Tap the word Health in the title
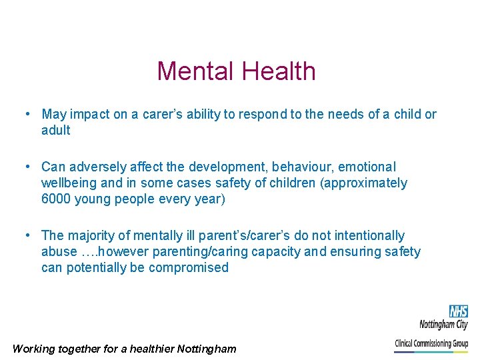pyautogui.click(x=279, y=71)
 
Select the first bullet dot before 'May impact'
pyautogui.click(x=27, y=114)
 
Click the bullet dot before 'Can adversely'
pyautogui.click(x=27, y=167)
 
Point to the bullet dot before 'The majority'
pyautogui.click(x=27, y=235)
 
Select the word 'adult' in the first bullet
pyautogui.click(x=55, y=130)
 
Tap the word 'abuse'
pyautogui.click(x=59, y=251)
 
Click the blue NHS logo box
pyautogui.click(x=458, y=311)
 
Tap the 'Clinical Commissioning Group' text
pyautogui.click(x=431, y=344)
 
